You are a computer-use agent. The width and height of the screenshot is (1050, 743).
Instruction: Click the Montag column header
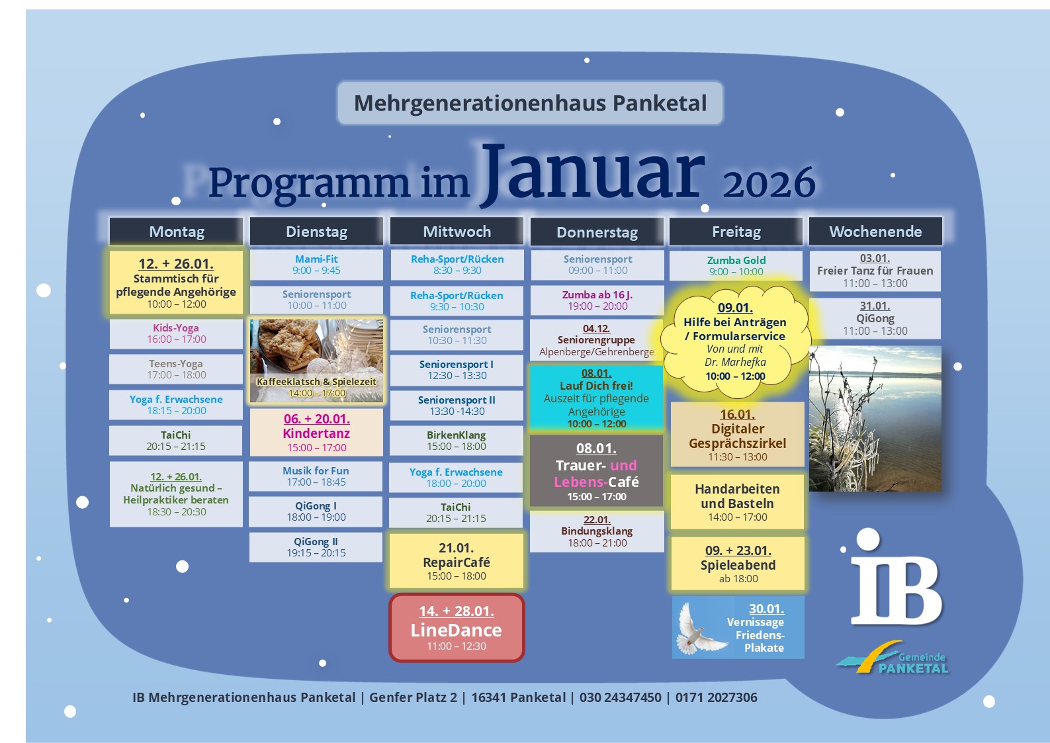(x=176, y=231)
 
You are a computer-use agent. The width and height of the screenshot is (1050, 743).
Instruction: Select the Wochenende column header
(x=875, y=231)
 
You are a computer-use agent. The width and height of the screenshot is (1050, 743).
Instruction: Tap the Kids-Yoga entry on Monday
(x=176, y=333)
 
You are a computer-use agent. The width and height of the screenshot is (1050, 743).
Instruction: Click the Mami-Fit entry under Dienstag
(x=316, y=265)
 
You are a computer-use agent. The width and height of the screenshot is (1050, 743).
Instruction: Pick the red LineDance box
(x=457, y=628)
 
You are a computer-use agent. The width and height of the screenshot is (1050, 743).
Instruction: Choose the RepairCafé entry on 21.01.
(x=457, y=561)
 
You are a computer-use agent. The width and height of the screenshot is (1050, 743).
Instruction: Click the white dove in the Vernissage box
(x=700, y=629)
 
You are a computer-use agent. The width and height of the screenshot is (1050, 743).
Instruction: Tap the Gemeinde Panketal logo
(x=893, y=657)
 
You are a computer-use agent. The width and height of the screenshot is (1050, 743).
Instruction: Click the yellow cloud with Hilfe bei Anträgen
(x=735, y=342)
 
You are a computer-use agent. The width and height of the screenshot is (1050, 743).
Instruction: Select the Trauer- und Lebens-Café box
(x=596, y=470)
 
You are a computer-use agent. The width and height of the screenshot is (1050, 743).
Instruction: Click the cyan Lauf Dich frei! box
(x=596, y=398)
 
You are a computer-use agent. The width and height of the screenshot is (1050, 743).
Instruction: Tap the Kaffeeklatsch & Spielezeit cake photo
(x=316, y=360)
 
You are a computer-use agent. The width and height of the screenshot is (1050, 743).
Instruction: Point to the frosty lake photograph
(x=875, y=419)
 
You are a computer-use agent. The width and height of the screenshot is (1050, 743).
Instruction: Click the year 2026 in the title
(x=769, y=183)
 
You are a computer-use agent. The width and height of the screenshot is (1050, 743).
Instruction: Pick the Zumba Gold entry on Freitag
(x=736, y=266)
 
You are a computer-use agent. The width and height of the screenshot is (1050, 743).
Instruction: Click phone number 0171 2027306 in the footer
(x=716, y=697)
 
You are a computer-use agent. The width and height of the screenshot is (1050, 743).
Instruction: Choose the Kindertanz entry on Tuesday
(x=316, y=432)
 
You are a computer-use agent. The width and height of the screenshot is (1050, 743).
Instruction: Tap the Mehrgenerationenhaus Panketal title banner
(x=530, y=103)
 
